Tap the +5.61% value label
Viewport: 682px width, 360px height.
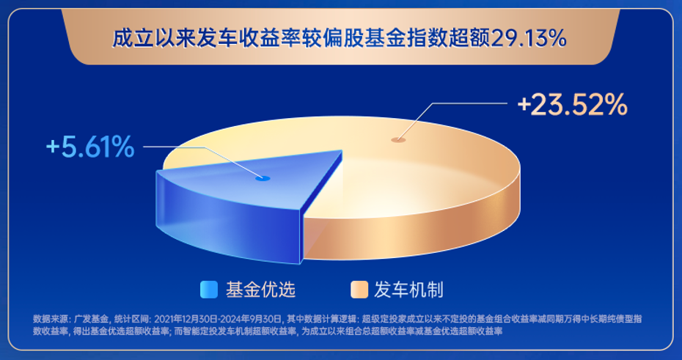pyautogui.click(x=90, y=147)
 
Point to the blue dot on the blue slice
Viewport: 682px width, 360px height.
pyautogui.click(x=263, y=178)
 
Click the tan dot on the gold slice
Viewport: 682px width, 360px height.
pyautogui.click(x=398, y=139)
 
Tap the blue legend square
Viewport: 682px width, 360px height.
pyautogui.click(x=209, y=290)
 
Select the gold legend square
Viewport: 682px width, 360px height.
pyautogui.click(x=359, y=290)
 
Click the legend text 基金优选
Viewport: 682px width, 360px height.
pyautogui.click(x=260, y=290)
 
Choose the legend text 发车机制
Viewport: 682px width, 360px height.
pyautogui.click(x=409, y=290)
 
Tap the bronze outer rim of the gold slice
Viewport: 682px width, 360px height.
pyautogui.click(x=417, y=235)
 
